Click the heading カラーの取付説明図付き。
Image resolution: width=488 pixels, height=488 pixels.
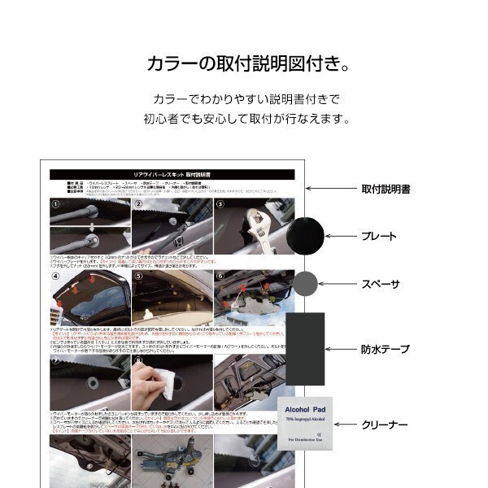(x=243, y=63)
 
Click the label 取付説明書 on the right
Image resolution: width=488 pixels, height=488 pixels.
(x=385, y=189)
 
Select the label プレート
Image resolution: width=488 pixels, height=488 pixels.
(x=378, y=236)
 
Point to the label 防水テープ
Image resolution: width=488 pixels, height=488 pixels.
(x=385, y=349)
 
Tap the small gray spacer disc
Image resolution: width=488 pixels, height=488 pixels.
(x=304, y=284)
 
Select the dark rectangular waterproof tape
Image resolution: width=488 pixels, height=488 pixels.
(x=304, y=349)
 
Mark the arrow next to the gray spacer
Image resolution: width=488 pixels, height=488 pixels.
(x=333, y=284)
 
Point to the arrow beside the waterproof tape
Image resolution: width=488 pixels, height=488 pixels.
(x=341, y=349)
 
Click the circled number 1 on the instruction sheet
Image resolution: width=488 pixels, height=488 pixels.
(x=54, y=204)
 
